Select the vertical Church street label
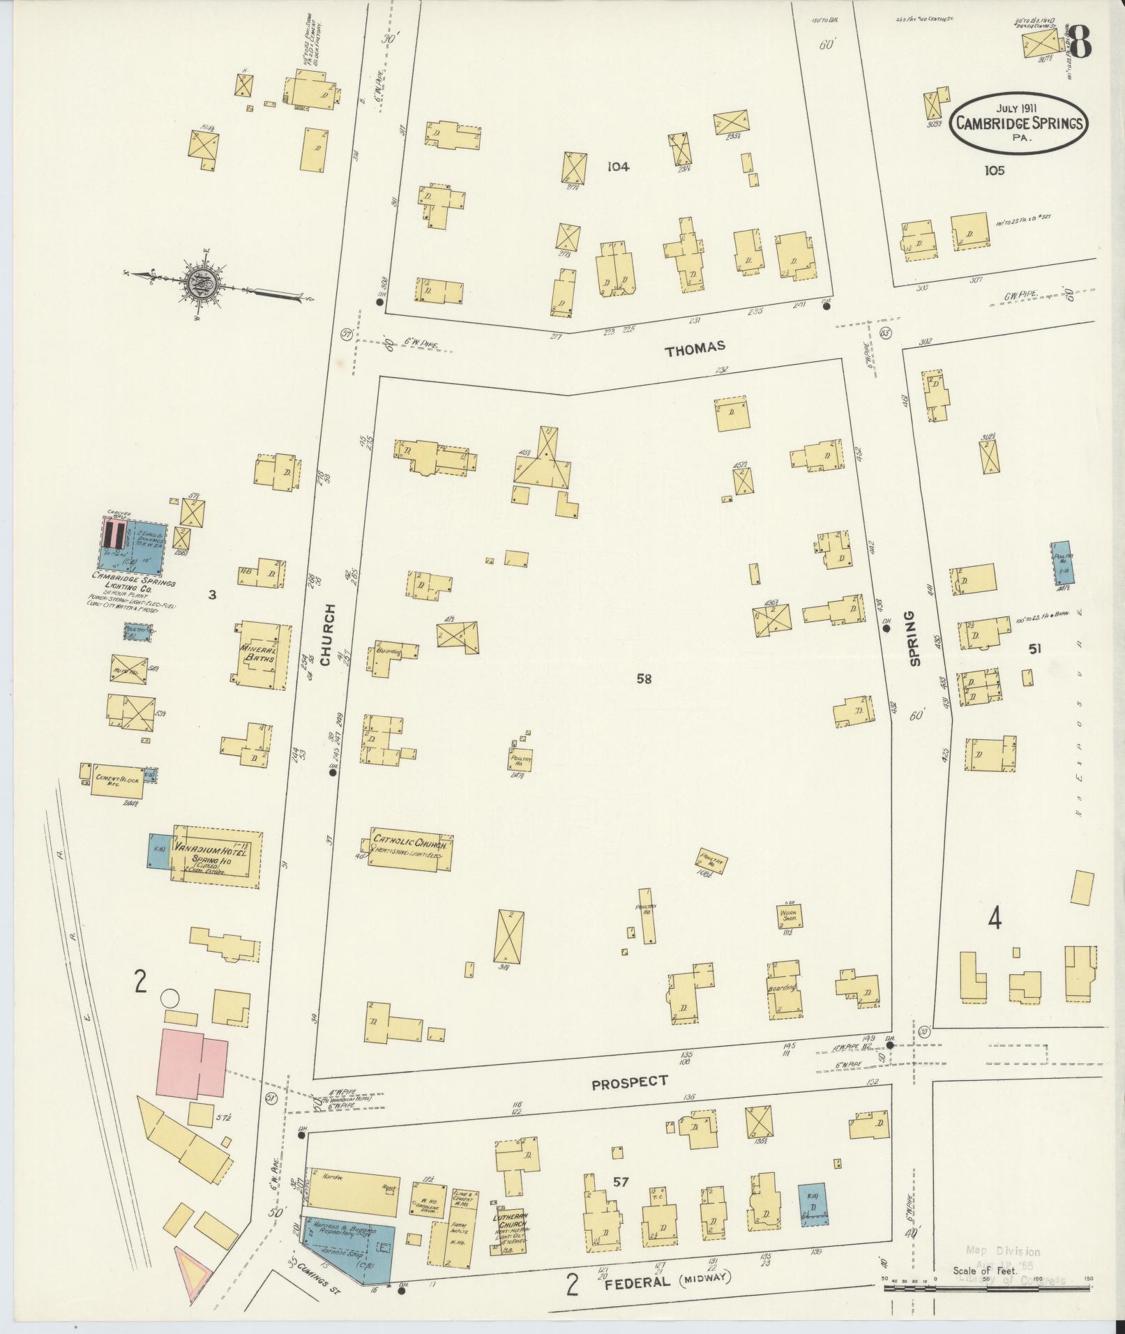(x=328, y=635)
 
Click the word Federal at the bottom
(x=637, y=1282)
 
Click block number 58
(x=643, y=678)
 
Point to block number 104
(x=617, y=167)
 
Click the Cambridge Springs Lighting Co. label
(x=133, y=582)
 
